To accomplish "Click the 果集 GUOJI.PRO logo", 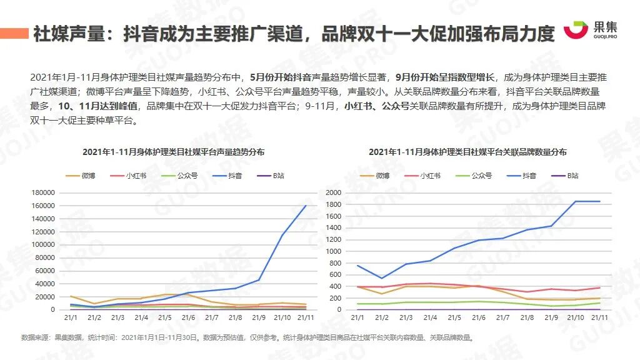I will [589, 31].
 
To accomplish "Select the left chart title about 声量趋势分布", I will [173, 152].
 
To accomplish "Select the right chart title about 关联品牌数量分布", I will [467, 152].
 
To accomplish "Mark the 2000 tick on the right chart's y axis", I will [334, 192].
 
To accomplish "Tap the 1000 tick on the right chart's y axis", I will [334, 251].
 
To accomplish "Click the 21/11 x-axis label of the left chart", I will [306, 318].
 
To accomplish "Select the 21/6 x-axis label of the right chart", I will [479, 318].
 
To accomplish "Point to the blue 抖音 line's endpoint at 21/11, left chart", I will [306, 206].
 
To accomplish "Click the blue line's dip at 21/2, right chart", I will [381, 278].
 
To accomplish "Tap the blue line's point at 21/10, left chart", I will [282, 235].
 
